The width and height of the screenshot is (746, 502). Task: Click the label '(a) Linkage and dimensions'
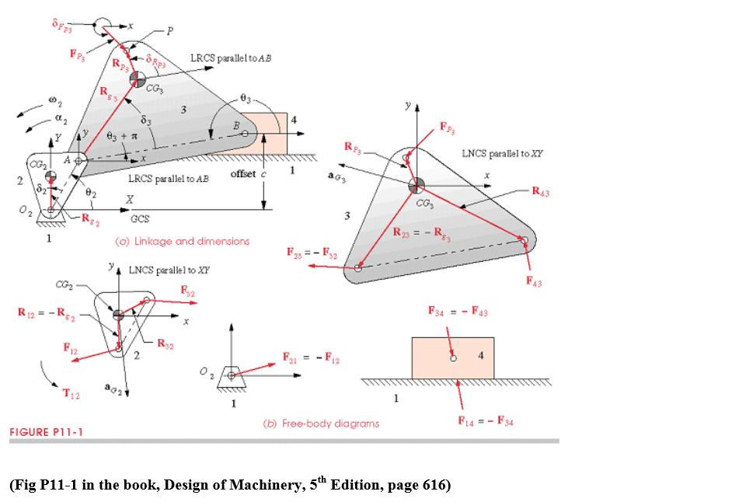click(182, 241)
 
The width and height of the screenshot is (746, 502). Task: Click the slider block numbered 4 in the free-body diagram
click(453, 358)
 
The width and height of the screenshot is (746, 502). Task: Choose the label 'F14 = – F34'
click(486, 421)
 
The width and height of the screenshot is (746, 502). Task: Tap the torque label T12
click(71, 393)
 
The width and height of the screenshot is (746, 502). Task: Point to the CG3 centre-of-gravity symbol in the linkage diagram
click(138, 78)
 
